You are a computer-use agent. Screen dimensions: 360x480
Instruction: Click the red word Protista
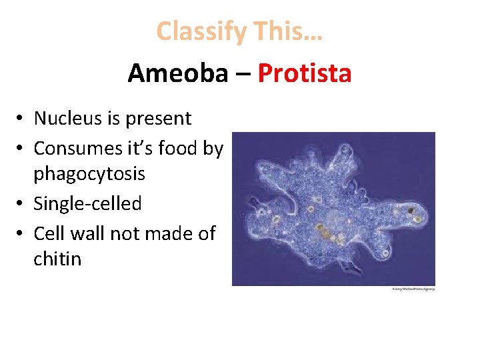click(x=304, y=73)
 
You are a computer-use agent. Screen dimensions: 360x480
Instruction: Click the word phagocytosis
click(x=89, y=175)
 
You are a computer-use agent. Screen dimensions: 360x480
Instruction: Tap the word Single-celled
click(x=87, y=203)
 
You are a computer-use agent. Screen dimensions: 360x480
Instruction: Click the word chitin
click(x=57, y=259)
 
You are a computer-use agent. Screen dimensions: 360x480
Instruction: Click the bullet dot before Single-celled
click(x=23, y=204)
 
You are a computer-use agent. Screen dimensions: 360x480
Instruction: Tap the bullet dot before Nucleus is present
click(x=23, y=119)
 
